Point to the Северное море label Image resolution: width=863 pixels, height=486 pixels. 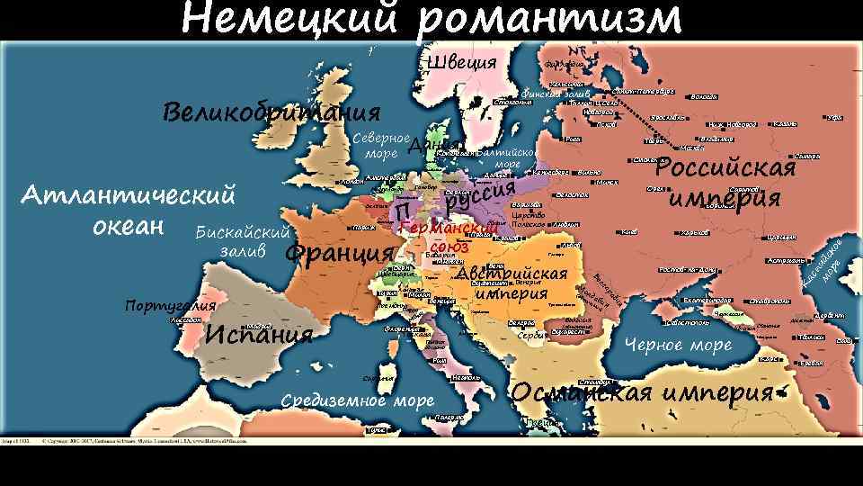click(381, 146)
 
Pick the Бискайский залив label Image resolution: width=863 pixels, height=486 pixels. click(241, 241)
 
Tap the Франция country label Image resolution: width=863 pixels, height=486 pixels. click(339, 252)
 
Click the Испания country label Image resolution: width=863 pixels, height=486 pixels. click(259, 335)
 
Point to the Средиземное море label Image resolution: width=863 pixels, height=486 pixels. click(357, 400)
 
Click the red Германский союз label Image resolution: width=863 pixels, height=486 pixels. click(449, 236)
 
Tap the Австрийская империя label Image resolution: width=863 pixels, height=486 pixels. click(512, 283)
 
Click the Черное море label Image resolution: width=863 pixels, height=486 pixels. click(678, 345)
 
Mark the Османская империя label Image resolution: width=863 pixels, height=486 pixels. click(643, 393)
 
